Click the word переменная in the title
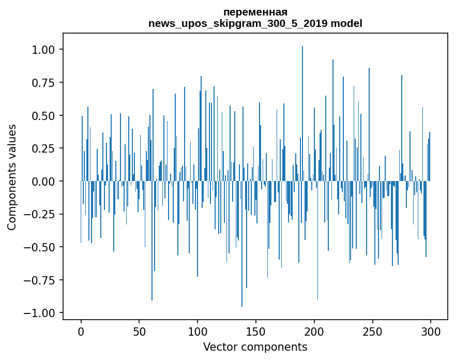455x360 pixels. [x=255, y=12]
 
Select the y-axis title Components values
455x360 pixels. [x=12, y=177]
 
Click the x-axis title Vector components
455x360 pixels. [x=255, y=347]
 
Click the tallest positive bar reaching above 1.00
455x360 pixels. [x=302, y=103]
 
